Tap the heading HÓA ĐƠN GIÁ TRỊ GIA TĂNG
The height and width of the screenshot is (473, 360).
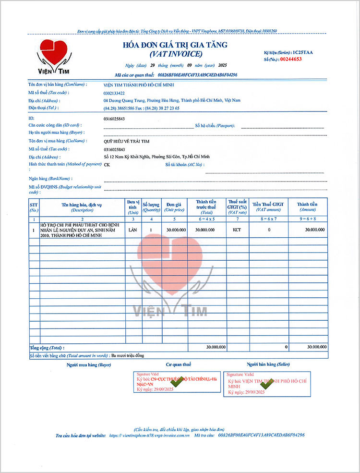pos(176,45)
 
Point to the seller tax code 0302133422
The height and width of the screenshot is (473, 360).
pos(114,93)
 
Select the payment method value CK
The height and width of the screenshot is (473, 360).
pos(107,165)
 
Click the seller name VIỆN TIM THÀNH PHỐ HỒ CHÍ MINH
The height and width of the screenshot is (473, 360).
pos(138,85)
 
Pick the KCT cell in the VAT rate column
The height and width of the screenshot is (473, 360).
pos(237,230)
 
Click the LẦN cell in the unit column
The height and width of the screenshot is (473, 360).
pos(133,230)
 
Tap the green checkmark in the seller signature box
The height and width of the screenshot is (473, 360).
pos(265,384)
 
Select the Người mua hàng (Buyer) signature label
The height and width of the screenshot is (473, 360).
pos(89,365)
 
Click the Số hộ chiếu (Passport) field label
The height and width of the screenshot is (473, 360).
pos(215,126)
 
